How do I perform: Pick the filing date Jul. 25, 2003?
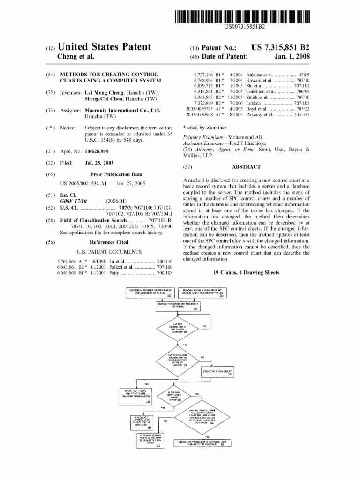99,163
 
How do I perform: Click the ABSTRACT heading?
246,167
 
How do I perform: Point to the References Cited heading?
109,242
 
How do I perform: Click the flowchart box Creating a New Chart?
217,373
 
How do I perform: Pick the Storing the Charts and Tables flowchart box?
178,306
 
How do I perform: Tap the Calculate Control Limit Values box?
142,421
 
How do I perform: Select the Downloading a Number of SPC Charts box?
205,292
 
